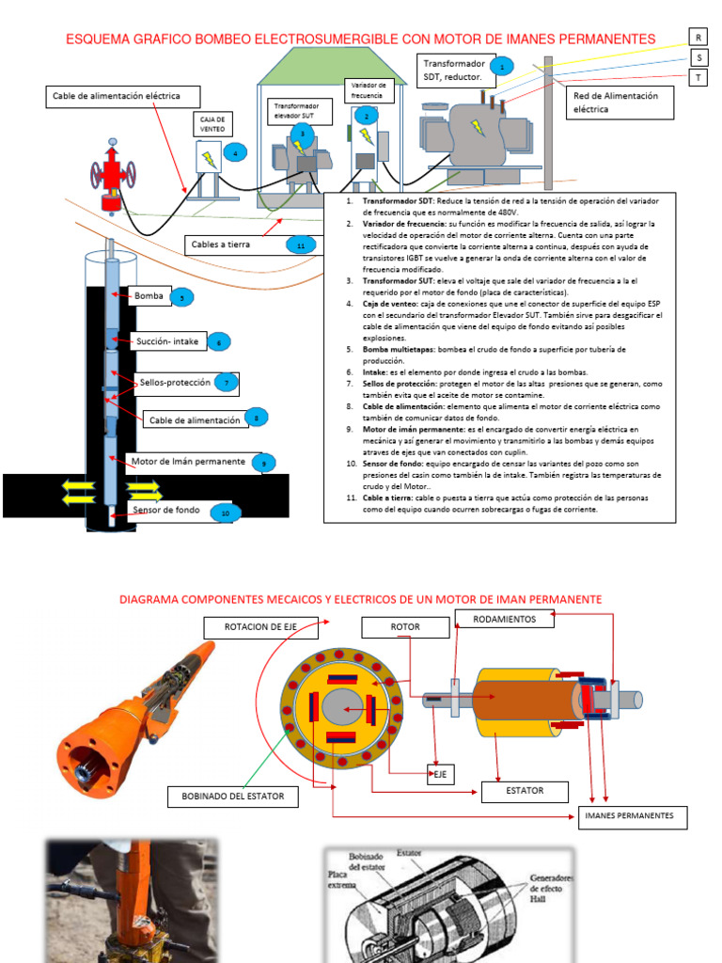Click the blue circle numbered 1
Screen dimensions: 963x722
tap(502, 67)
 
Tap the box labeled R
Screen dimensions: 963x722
tap(698, 37)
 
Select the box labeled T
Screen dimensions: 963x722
tap(698, 77)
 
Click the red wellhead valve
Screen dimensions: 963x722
tap(113, 174)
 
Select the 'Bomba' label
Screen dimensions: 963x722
tap(149, 296)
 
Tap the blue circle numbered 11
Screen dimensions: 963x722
tap(301, 245)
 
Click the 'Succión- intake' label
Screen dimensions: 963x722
tap(167, 341)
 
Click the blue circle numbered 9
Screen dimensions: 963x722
tap(264, 463)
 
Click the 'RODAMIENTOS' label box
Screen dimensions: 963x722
tap(504, 619)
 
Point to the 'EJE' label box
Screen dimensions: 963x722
tap(439, 775)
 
